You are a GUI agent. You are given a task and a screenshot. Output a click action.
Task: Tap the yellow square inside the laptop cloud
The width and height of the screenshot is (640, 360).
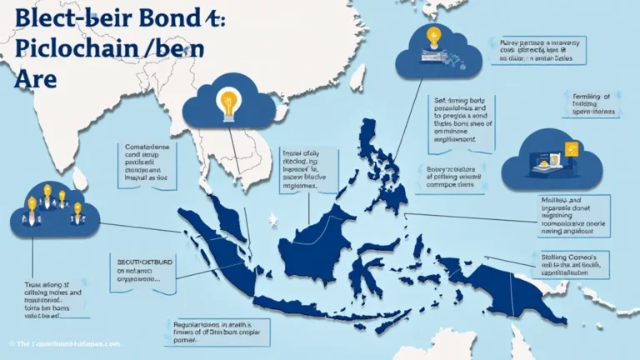pyautogui.click(x=572, y=150)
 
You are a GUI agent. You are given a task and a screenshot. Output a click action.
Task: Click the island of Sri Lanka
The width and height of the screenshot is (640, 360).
pyautogui.click(x=80, y=177)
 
